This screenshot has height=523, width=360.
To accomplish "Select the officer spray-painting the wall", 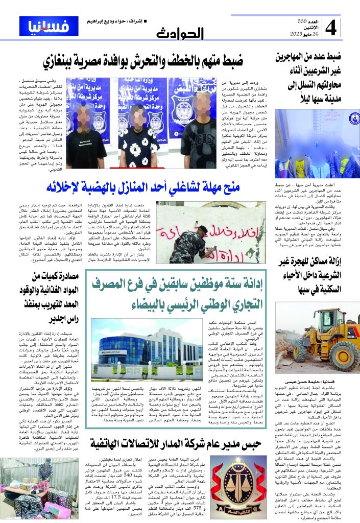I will pyautogui.click(x=189, y=238).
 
